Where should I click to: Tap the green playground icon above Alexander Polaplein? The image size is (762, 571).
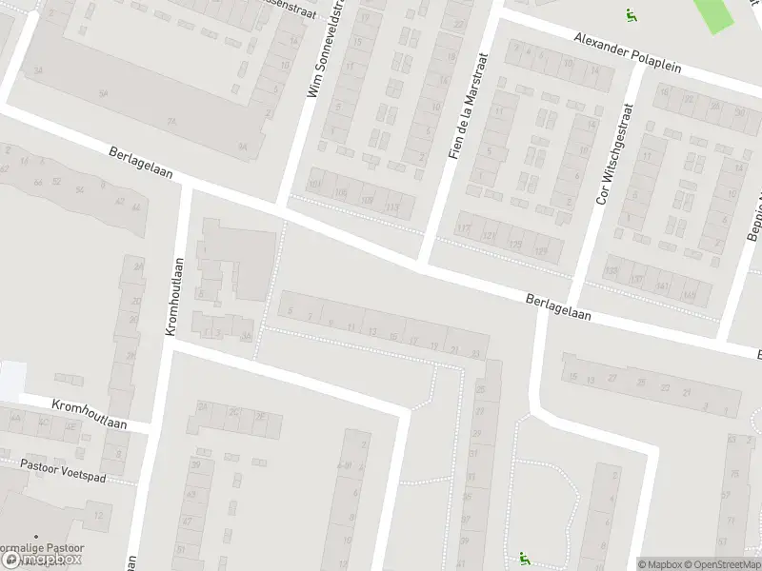coord(630,15)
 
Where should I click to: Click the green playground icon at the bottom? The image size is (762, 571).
coord(523,557)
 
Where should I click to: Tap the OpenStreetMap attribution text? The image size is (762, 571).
coord(721,564)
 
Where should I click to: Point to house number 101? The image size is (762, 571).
coord(314,185)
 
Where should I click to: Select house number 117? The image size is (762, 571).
coord(464,228)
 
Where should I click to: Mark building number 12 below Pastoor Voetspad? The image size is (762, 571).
coord(98,515)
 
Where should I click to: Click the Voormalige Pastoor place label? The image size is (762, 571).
coord(42,549)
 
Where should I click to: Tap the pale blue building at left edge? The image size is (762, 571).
coord(10,381)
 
